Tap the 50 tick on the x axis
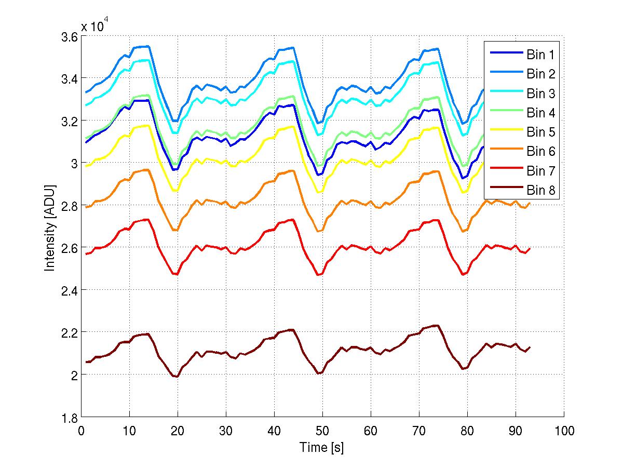322,431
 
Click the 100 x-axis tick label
564,431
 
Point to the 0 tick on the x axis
82,431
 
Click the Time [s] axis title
322,447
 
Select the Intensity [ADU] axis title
50,227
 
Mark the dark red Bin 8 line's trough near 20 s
177,377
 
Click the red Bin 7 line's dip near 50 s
320,275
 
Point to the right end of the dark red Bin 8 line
530,347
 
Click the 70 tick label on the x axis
419,431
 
